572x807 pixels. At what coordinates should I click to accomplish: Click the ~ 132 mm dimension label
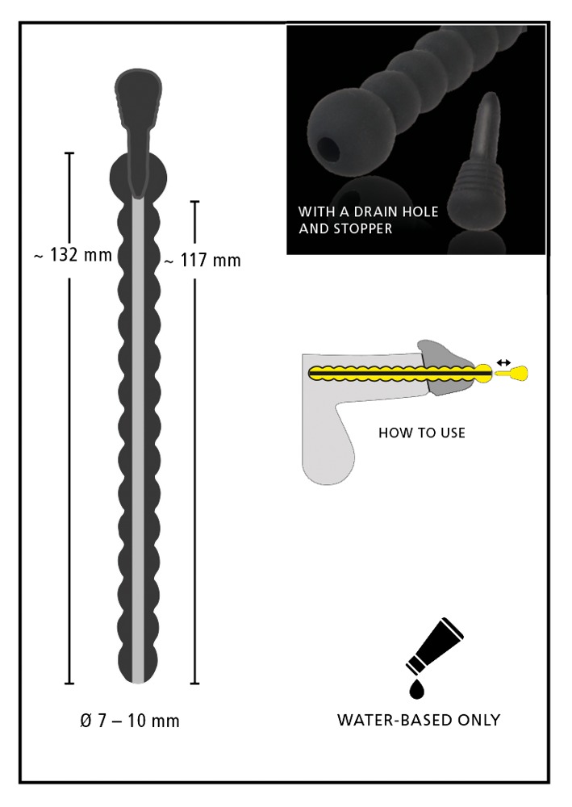73,255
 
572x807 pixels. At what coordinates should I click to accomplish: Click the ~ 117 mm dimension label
202,261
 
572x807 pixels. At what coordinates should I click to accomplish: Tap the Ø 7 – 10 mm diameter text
130,721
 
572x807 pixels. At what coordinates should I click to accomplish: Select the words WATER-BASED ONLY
419,720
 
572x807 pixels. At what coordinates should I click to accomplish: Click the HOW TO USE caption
422,433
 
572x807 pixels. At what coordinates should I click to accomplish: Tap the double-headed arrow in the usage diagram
503,363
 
